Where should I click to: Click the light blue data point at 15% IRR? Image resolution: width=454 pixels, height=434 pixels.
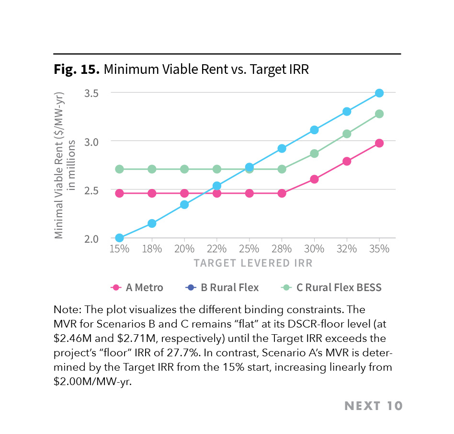119,238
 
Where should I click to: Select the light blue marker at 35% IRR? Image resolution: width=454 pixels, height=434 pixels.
379,93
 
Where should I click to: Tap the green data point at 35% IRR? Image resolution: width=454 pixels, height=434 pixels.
379,114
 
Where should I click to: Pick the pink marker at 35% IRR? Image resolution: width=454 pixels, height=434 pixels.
379,143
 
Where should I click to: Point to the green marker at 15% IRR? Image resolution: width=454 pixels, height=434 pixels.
119,169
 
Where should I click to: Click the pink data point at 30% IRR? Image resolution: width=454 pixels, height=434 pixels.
314,179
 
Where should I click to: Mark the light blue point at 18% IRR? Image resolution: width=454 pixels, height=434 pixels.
152,223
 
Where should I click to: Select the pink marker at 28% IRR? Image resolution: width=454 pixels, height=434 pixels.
282,193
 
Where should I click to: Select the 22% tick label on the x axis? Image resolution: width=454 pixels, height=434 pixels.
216,249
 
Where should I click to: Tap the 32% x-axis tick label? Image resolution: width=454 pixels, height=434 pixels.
347,249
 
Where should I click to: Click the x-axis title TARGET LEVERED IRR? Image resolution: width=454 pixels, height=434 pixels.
253,263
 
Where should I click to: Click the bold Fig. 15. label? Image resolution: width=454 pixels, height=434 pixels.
76,70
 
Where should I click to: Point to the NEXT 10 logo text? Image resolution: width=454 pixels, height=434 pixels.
374,406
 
